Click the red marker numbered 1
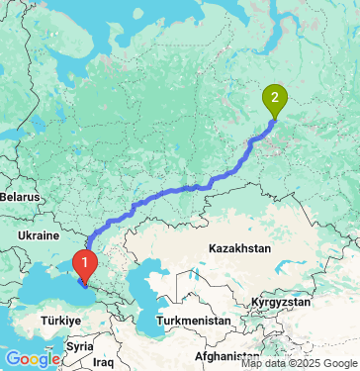pos(85,264)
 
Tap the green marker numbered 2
pos(274,99)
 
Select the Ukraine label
pos(39,235)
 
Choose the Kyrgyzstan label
pos(281,301)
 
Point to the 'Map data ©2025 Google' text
pos(299,362)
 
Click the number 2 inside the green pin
pos(274,97)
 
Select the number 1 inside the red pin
pos(85,262)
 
